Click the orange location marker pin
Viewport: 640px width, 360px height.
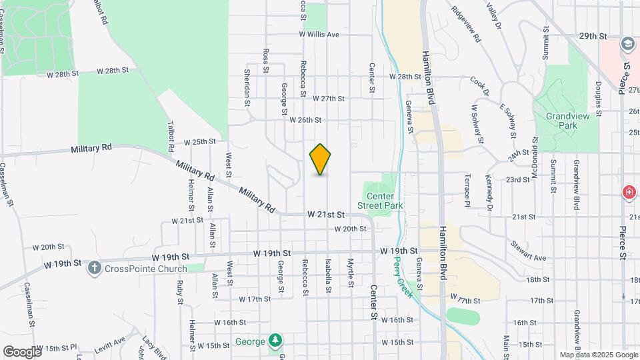(321, 159)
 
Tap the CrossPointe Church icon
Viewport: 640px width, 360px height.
(94, 267)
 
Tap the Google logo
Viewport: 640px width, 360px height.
(22, 351)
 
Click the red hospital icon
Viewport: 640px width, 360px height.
(629, 193)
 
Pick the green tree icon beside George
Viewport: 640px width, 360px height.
(275, 342)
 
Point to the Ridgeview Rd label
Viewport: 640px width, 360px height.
(466, 25)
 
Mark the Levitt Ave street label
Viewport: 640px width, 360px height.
(111, 343)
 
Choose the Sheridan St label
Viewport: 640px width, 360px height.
(247, 87)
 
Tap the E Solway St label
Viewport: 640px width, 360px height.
(509, 121)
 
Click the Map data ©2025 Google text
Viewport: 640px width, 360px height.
(597, 355)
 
